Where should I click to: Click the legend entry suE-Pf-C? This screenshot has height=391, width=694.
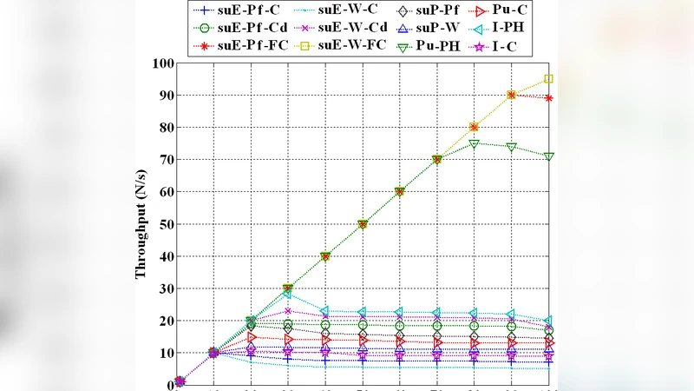pyautogui.click(x=242, y=11)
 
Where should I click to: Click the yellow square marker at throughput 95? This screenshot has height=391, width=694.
pyautogui.click(x=548, y=79)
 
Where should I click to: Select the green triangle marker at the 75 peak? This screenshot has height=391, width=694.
pyautogui.click(x=474, y=143)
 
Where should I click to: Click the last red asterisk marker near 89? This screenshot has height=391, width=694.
pyautogui.click(x=548, y=98)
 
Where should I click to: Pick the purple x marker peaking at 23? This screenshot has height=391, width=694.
pyautogui.click(x=288, y=311)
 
